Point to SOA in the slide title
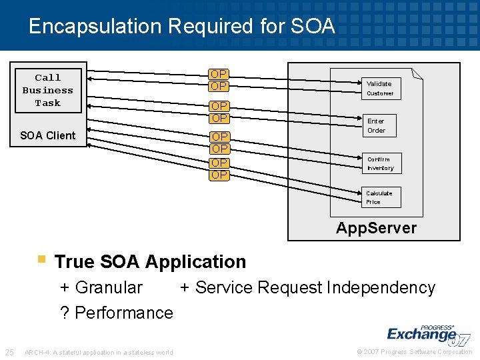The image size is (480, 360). pos(313,27)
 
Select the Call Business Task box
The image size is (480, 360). pos(48,90)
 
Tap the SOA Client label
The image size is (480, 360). pos(48,135)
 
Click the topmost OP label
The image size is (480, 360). pos(219,74)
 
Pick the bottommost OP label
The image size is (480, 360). pos(219,175)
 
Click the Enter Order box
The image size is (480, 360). pos(377,125)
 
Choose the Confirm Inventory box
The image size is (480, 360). pos(380,163)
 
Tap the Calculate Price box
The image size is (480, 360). pos(379,197)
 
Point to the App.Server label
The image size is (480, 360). pos(376,228)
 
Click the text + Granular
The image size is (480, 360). pos(101,287)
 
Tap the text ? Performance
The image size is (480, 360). pos(117,313)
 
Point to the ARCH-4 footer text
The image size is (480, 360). pos(98,353)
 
